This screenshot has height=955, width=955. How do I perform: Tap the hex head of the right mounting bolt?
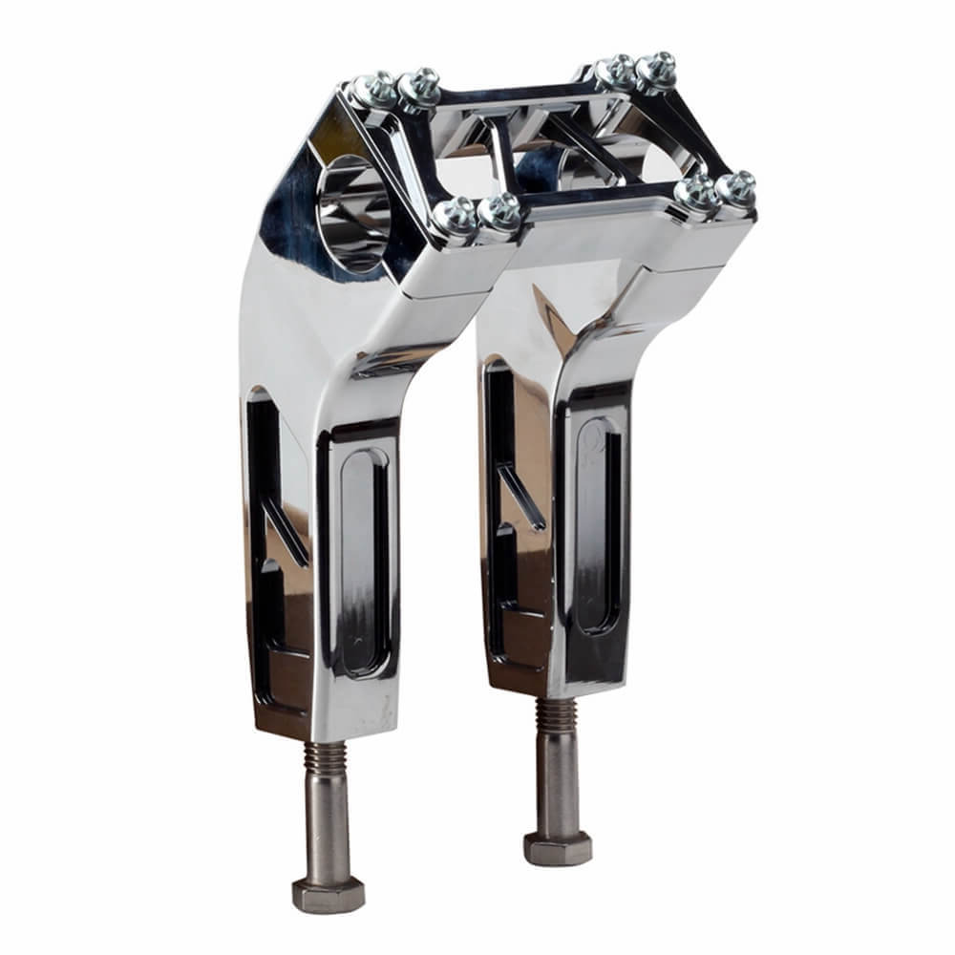pos(558,846)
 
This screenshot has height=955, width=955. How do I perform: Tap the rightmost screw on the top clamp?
pos(735,188)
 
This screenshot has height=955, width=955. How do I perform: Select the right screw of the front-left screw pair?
pos(499,211)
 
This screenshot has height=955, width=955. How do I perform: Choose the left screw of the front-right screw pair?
pos(695,193)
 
